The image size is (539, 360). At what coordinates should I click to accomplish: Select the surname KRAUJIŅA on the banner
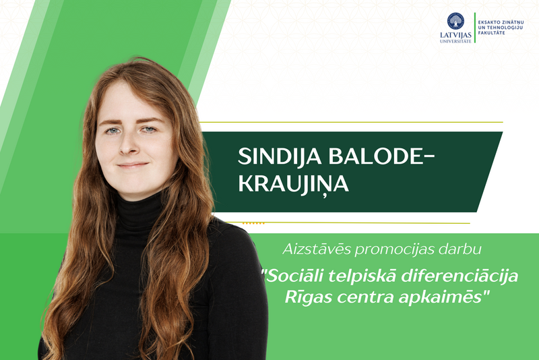point(294,184)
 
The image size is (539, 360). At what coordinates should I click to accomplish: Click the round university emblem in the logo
point(455,21)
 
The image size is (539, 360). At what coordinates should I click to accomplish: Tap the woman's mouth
point(132,164)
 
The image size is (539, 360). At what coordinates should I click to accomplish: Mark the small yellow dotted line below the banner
point(253,222)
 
